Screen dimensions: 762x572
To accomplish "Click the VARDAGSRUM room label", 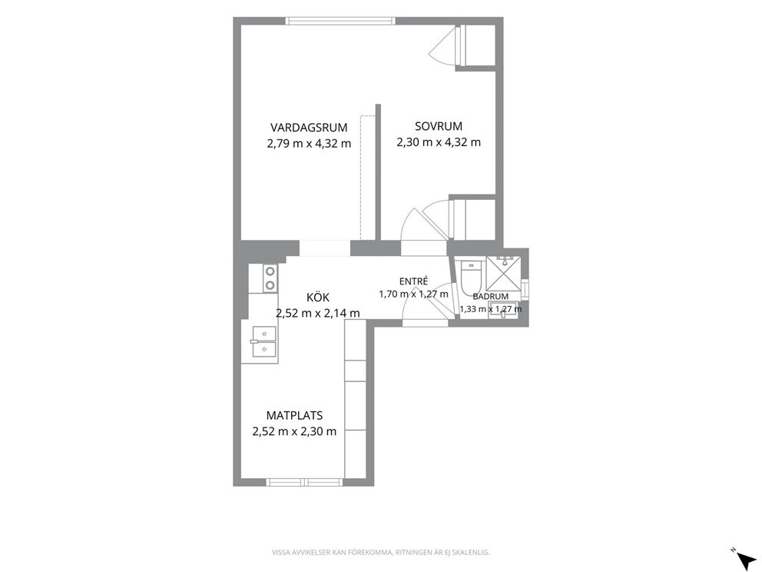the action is coord(309,128).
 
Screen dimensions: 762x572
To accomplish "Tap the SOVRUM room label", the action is coord(439,126).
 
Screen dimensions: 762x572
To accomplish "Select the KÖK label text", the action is coord(318,297).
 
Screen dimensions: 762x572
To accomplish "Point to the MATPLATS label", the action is coord(294,415).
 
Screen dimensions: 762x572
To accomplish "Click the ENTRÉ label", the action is coord(413,281).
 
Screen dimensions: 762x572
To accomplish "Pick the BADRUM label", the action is coord(490,296).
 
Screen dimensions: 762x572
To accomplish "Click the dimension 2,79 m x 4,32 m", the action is coord(309,144).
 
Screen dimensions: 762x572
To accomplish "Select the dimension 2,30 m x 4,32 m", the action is coord(439,142).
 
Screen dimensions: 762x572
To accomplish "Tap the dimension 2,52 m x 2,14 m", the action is coord(318,313).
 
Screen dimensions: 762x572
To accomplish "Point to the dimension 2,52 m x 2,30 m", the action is coord(294,431).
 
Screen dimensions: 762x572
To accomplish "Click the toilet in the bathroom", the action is coord(470,278).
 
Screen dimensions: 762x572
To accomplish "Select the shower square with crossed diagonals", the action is coord(503,274).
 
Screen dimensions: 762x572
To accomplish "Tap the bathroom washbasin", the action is coord(503,311).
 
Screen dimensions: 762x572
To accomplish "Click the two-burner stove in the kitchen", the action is coord(270,278).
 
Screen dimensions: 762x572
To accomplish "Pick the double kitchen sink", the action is coord(264,341).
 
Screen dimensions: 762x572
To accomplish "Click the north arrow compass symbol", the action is coord(744,557).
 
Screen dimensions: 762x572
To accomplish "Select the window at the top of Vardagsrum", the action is coord(340,21).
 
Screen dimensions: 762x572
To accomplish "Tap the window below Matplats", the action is coord(304,482).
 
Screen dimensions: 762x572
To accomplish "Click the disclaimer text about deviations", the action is coord(380,553).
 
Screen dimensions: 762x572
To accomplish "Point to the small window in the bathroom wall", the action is coord(525,289).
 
